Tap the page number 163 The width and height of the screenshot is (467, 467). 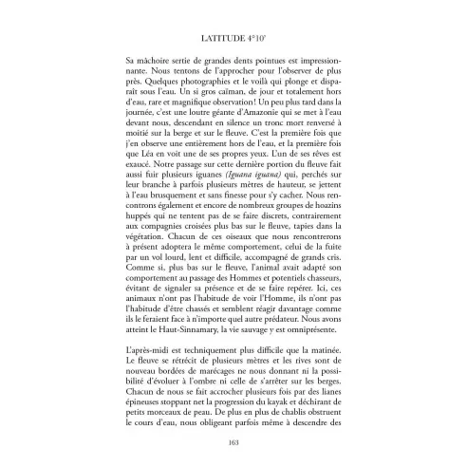[x=233, y=441]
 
